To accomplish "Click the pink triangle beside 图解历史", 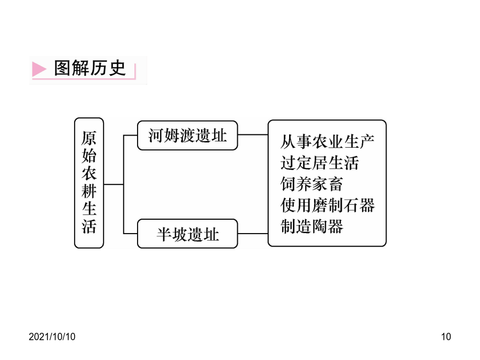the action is point(38,69).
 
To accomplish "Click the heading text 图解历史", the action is point(90,68).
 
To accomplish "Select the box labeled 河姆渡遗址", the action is point(187,135).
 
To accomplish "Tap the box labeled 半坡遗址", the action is point(187,234).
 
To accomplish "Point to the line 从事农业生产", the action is point(327,142).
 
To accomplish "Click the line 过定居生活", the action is point(319,163).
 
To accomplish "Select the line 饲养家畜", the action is point(311,184).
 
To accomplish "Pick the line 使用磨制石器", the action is point(327,205).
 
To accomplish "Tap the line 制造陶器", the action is point(311,226).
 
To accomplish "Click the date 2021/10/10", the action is point(52,337).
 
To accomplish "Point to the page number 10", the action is point(446,337).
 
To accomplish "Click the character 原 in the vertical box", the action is point(89,138).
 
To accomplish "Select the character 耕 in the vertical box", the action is point(89,191).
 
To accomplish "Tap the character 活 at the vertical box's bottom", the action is point(89,226).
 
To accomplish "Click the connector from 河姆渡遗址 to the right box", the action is point(253,135).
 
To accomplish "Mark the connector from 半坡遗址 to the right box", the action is point(253,234).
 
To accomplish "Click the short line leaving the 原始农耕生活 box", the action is point(114,185).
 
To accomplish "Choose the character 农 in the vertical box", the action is point(89,173).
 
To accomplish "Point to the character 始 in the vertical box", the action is point(89,156).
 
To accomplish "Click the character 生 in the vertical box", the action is point(89,209).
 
